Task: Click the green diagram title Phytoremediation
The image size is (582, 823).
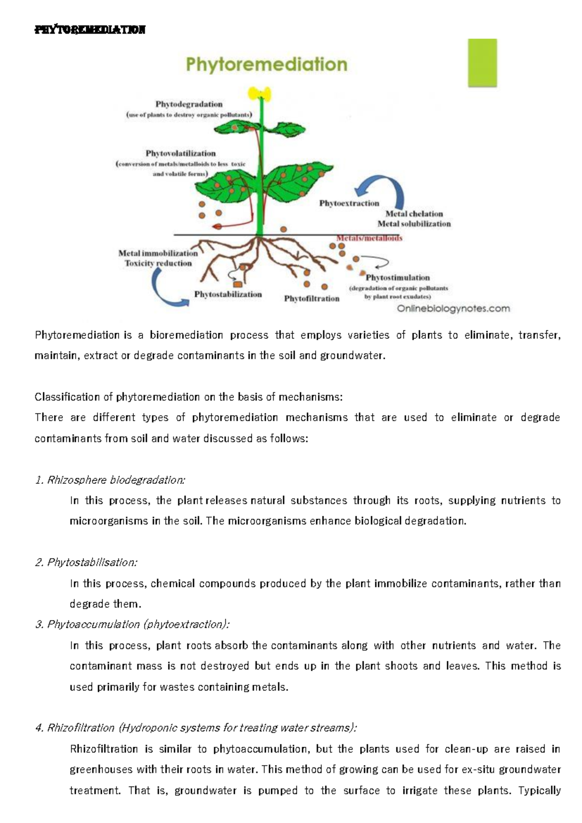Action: [266, 65]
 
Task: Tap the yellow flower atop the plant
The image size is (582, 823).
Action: [259, 93]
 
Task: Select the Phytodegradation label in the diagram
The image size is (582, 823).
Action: [189, 104]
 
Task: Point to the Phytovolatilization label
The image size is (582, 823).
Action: [180, 153]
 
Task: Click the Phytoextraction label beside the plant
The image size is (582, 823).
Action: [349, 203]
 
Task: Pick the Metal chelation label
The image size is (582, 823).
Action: [414, 214]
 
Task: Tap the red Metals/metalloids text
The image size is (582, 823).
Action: [370, 238]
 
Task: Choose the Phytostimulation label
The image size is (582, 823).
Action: [397, 278]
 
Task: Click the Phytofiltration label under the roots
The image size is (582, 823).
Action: [311, 298]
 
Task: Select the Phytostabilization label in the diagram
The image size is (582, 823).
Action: [227, 294]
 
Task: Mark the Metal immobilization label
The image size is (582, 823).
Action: [158, 253]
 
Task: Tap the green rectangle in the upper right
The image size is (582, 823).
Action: [482, 63]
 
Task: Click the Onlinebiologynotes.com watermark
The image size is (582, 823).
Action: [453, 309]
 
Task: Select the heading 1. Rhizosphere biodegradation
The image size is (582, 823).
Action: [110, 480]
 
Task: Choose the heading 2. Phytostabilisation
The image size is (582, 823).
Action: [86, 562]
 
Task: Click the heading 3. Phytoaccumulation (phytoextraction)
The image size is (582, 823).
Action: [132, 625]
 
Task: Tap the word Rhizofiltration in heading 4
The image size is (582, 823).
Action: [81, 728]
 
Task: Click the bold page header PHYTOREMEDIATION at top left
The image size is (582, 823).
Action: [90, 30]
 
